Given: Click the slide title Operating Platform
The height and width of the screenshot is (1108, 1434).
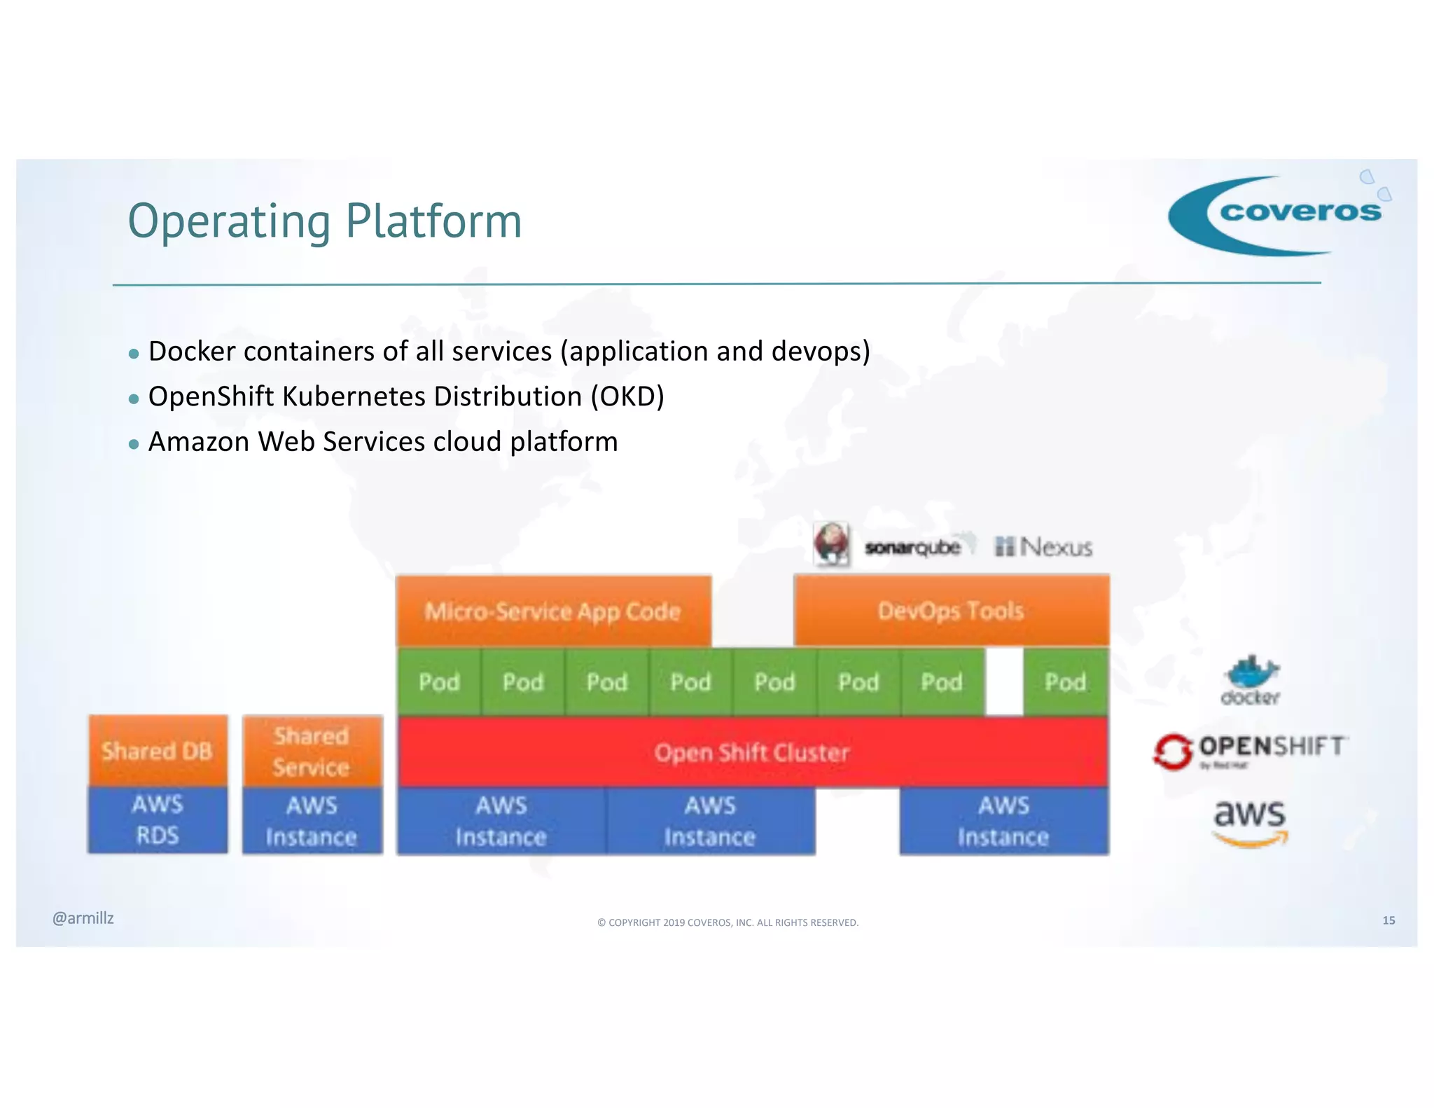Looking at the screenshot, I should click(325, 221).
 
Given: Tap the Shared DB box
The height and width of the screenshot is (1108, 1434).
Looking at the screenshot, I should click(158, 751).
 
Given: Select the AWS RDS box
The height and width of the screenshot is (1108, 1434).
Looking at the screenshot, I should click(158, 819).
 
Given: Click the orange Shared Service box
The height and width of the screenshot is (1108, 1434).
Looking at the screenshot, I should click(312, 751).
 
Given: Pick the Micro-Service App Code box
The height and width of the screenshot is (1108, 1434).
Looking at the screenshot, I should click(553, 611).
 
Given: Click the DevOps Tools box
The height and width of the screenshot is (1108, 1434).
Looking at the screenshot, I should click(951, 611).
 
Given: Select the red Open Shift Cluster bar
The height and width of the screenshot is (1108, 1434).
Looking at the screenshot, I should click(752, 752).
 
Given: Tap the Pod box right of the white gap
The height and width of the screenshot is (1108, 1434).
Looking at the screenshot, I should click(1065, 681).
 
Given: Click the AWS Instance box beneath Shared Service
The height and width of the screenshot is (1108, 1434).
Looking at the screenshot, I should click(312, 820).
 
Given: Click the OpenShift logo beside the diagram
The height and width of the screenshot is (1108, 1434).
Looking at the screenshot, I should click(1251, 750).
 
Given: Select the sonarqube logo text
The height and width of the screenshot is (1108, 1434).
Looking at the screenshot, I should click(912, 547).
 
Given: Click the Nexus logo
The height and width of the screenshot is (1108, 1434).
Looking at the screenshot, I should click(1044, 546).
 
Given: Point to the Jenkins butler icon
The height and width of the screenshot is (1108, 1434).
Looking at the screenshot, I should click(831, 543).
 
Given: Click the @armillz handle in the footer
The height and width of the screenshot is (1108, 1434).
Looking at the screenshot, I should click(83, 918).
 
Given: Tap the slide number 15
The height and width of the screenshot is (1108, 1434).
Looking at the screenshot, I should click(1388, 920).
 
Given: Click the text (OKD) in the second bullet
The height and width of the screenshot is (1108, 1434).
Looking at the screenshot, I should click(627, 397).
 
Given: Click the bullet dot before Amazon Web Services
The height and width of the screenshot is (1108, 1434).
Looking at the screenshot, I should click(134, 444).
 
